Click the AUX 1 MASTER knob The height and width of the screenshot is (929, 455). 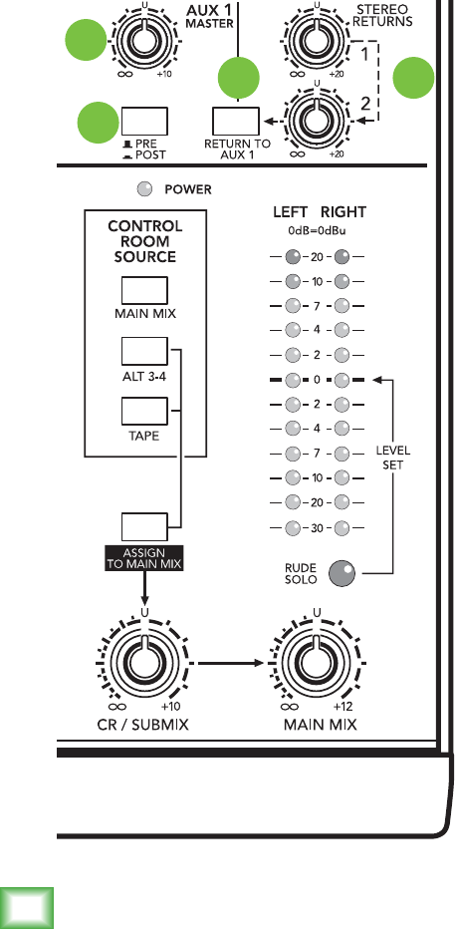140,40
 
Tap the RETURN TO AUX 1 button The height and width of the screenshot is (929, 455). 236,121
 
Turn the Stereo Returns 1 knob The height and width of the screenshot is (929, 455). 317,40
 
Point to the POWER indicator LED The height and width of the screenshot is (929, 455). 143,189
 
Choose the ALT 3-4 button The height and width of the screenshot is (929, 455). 144,351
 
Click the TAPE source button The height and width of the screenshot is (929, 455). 144,412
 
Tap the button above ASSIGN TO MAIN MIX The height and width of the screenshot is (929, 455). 144,526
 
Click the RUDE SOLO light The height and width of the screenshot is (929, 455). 341,573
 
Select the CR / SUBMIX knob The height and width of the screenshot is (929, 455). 142,662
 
